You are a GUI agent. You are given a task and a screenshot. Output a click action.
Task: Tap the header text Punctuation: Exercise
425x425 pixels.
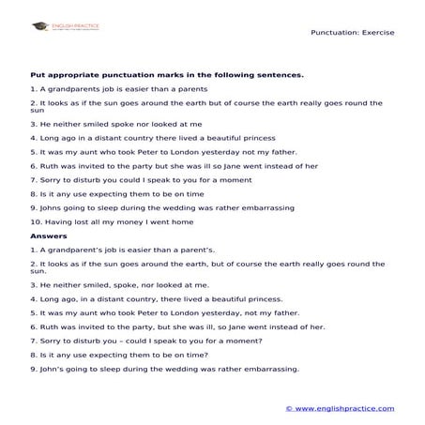(352, 32)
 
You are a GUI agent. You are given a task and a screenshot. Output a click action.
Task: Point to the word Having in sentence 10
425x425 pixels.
(57, 221)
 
